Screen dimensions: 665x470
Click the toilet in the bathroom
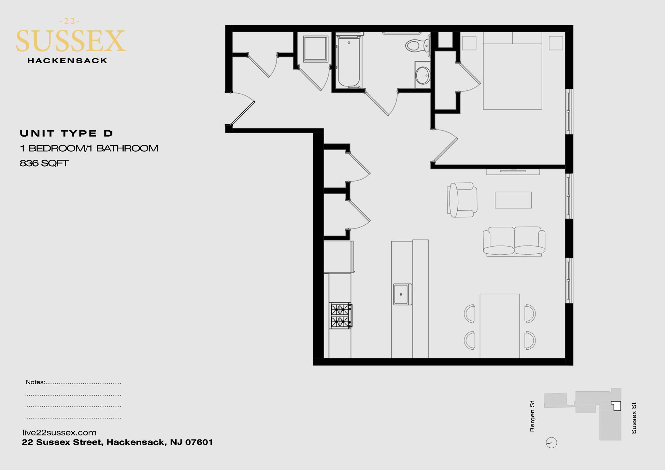pyautogui.click(x=417, y=45)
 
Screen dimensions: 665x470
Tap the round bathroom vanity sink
pyautogui.click(x=423, y=75)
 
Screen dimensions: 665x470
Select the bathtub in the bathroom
pyautogui.click(x=348, y=61)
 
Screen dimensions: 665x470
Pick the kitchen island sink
pyautogui.click(x=403, y=294)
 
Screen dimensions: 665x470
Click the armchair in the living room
pyautogui.click(x=462, y=200)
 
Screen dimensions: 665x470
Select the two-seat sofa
pyautogui.click(x=514, y=241)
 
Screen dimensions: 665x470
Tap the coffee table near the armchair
pyautogui.click(x=513, y=200)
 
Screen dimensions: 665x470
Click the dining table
pyautogui.click(x=499, y=326)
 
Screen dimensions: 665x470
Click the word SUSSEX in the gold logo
pyautogui.click(x=70, y=41)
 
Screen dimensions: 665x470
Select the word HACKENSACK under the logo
pyautogui.click(x=67, y=61)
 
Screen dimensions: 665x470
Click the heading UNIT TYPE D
pyautogui.click(x=66, y=134)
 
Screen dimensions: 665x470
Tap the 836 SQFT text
pyautogui.click(x=44, y=163)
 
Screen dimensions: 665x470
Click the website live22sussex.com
pyautogui.click(x=60, y=432)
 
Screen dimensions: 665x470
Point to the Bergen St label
pyautogui.click(x=532, y=416)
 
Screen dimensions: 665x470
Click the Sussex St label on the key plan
pyautogui.click(x=634, y=418)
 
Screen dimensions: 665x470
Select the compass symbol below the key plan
pyautogui.click(x=551, y=443)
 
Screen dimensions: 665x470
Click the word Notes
pyautogui.click(x=35, y=382)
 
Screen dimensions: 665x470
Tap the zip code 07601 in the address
pyautogui.click(x=199, y=442)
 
